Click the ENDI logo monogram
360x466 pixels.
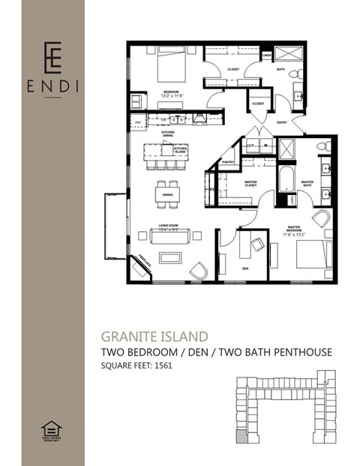tap(52, 55)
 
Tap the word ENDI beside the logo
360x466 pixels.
tap(52, 86)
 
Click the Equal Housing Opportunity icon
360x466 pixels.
tap(52, 430)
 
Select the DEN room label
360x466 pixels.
tap(244, 268)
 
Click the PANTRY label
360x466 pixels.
tap(229, 161)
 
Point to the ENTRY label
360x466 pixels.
tap(282, 122)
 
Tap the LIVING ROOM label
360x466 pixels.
tap(166, 227)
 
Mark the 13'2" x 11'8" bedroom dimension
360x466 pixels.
tap(171, 95)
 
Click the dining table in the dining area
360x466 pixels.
tap(167, 194)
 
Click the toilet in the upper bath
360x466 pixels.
tap(298, 74)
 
